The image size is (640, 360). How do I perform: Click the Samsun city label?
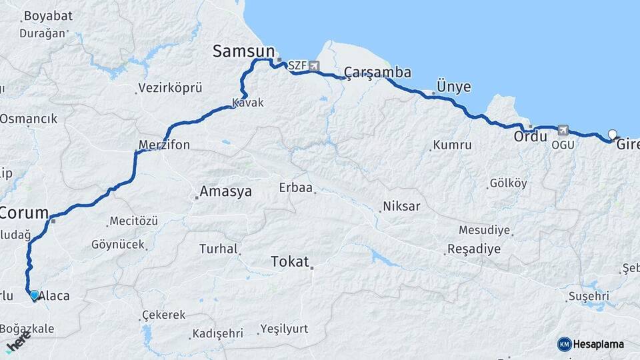click(x=243, y=51)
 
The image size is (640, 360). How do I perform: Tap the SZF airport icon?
click(x=314, y=65)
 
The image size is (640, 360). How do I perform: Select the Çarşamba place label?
click(x=377, y=72)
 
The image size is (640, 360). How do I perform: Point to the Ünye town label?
click(x=453, y=87)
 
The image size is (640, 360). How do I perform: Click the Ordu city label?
click(x=530, y=136)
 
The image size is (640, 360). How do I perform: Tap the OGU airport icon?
click(x=563, y=130)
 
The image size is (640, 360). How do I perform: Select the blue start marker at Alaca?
click(x=34, y=294)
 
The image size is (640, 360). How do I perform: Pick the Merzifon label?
click(x=164, y=145)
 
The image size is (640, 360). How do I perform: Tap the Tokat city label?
click(x=290, y=261)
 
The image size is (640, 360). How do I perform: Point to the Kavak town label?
click(x=248, y=103)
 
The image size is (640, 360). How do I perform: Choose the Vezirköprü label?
click(x=170, y=87)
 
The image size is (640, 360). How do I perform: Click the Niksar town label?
click(x=401, y=206)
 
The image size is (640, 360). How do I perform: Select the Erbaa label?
click(x=296, y=187)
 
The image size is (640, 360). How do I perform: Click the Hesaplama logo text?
click(x=598, y=344)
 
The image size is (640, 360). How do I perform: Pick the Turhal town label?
click(x=219, y=249)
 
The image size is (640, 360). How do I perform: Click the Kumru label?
click(x=452, y=145)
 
